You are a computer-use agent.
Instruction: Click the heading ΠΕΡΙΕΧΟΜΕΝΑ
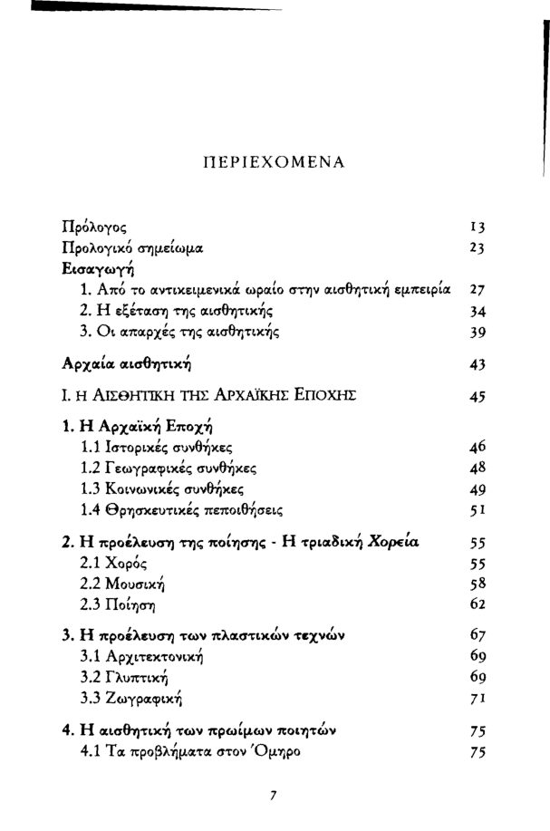click(x=275, y=164)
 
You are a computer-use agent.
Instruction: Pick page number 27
click(x=481, y=291)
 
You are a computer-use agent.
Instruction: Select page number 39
click(x=481, y=333)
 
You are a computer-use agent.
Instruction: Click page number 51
click(x=481, y=509)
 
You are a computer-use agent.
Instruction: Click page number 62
click(x=481, y=604)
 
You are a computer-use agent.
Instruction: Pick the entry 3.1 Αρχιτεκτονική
click(x=141, y=656)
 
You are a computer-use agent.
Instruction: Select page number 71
click(x=481, y=698)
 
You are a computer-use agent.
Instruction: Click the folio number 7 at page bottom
click(x=273, y=797)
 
